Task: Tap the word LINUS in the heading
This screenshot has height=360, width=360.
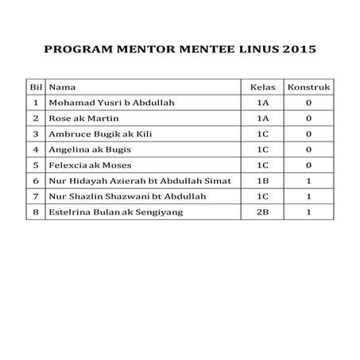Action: pyautogui.click(x=254, y=48)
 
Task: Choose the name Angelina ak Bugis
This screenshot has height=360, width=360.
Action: pyautogui.click(x=90, y=149)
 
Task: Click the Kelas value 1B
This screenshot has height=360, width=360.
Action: pyautogui.click(x=261, y=180)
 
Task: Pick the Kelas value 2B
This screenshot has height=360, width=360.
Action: pyautogui.click(x=261, y=211)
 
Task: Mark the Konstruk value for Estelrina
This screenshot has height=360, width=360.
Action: pyautogui.click(x=308, y=211)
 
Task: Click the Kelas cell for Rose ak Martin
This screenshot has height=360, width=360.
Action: pyautogui.click(x=261, y=118)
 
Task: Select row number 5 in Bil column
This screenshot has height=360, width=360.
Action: pyautogui.click(x=35, y=165)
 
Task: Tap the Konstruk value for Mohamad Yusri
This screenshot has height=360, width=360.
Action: pyautogui.click(x=308, y=103)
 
